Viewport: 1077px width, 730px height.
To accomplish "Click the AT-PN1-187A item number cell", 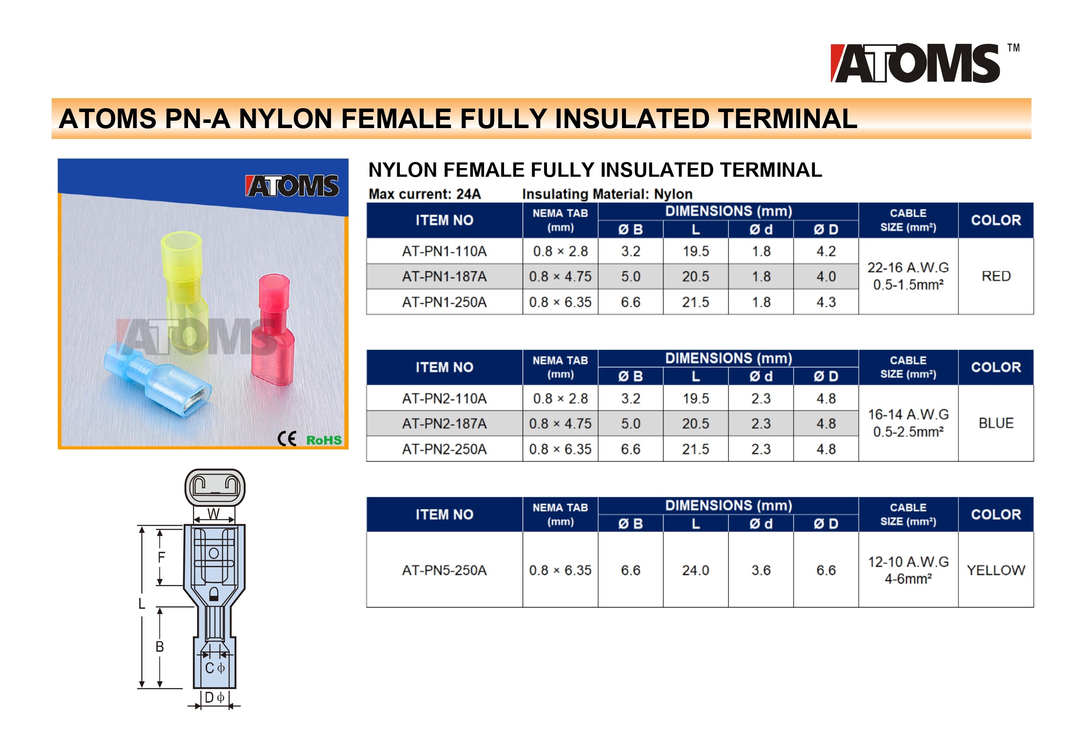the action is pos(444,277).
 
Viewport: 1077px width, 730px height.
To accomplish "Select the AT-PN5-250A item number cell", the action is pos(444,570).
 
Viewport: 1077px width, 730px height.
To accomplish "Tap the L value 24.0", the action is pos(695,570).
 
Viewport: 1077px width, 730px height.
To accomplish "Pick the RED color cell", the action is pos(995,276).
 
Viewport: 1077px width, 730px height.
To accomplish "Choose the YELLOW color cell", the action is pos(995,570).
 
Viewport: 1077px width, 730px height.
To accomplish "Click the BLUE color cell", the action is pos(995,423).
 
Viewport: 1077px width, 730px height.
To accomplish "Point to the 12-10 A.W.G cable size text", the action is pos(908,562).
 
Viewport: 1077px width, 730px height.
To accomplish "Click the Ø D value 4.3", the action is pos(826,302).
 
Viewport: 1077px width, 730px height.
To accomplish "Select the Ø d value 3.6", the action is pos(761,570).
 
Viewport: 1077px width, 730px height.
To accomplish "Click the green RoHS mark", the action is pos(324,440).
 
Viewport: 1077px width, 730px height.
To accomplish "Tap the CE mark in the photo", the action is pos(287,439).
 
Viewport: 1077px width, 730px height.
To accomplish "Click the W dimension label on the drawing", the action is pos(213,514).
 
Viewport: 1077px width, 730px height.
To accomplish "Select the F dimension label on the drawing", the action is pos(161,557).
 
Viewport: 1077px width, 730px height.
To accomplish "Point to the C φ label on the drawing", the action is pos(214,668).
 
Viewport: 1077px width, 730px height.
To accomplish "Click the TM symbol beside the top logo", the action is pos(1013,48).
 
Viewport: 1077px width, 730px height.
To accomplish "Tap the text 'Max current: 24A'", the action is pos(425,194).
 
